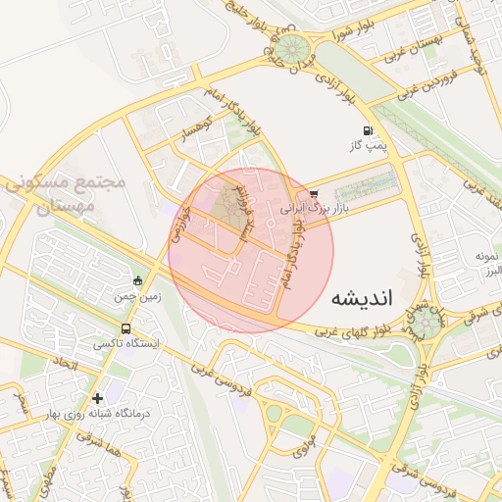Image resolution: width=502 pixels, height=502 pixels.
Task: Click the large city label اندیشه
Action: [361, 299]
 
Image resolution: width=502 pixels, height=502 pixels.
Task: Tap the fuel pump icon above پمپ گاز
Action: [368, 130]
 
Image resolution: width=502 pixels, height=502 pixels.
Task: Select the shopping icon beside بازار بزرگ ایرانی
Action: [313, 193]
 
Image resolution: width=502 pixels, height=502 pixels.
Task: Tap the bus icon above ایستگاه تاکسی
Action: [125, 328]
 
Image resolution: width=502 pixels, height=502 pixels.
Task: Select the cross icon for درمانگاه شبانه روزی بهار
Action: [97, 398]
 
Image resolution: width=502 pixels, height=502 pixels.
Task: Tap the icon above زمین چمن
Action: [138, 280]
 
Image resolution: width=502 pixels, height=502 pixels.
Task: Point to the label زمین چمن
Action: [137, 295]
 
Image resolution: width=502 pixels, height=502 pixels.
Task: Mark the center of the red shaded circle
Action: [251, 250]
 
